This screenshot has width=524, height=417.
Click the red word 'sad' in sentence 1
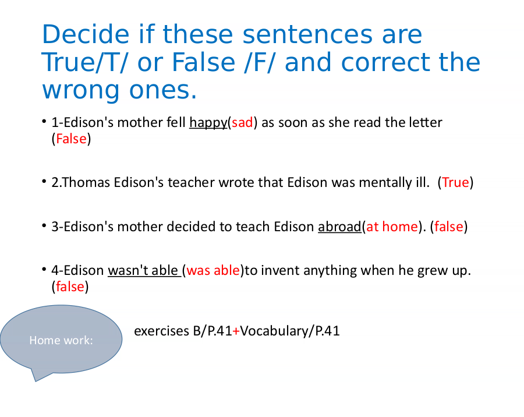coord(242,123)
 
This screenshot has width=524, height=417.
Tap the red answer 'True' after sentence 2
coord(455,183)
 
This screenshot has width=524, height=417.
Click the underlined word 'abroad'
coord(339,227)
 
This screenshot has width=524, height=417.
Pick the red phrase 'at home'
coord(392,227)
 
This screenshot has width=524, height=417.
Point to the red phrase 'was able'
coord(213,271)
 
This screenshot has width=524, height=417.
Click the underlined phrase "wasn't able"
coord(143,271)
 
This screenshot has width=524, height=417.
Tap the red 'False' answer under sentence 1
coord(71,139)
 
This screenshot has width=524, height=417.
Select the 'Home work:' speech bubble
coord(61,340)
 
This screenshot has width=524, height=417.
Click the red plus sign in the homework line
coord(236,331)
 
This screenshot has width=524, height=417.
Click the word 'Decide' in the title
coord(86,34)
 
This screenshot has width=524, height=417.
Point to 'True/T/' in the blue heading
coord(84,62)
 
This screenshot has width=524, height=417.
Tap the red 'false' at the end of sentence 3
coord(449,227)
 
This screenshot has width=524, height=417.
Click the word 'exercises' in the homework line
coord(162,331)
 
